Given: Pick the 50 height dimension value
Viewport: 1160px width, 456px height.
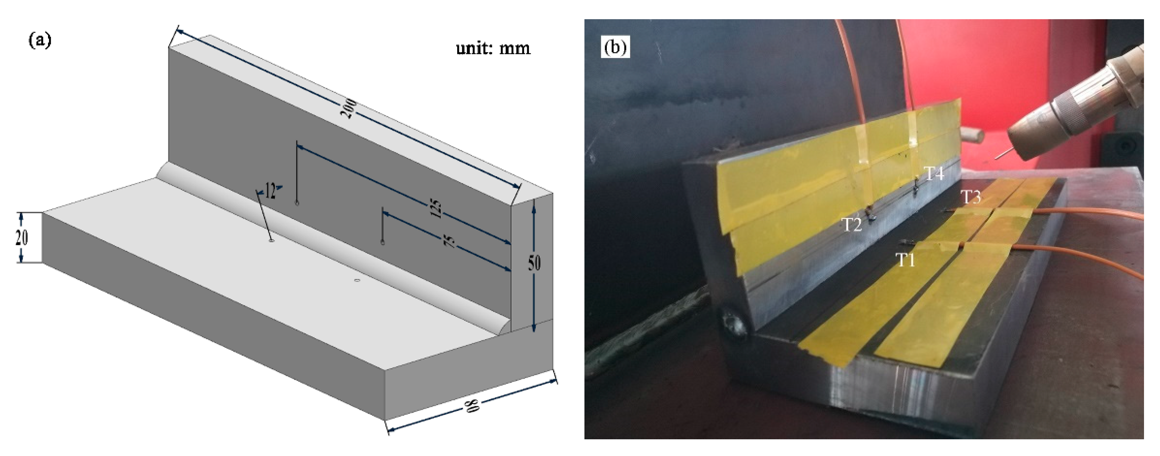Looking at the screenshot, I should [534, 262].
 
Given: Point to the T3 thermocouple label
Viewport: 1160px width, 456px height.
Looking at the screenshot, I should [971, 197].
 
